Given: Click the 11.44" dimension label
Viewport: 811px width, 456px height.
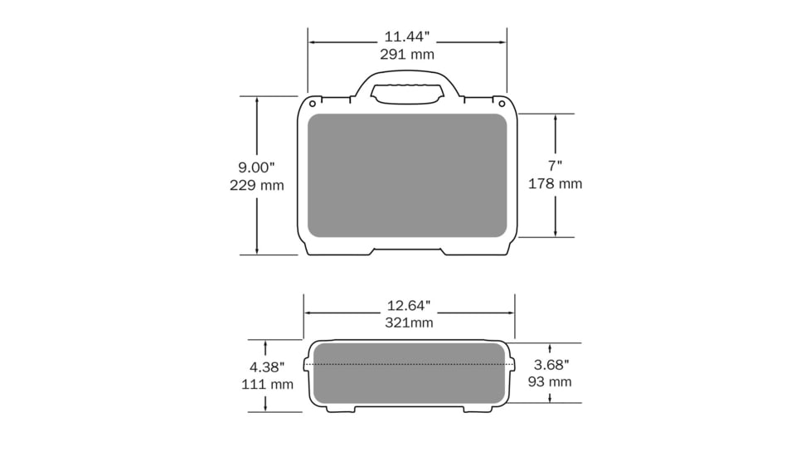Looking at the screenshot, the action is (406, 36).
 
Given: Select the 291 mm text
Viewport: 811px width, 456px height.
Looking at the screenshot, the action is (407, 54).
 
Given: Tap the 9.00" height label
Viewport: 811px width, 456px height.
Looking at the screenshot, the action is (256, 167).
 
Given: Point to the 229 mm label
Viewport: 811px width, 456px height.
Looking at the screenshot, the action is (256, 185).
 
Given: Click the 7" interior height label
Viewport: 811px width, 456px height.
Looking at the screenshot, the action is (555, 166).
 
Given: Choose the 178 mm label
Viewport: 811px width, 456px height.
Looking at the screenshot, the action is (555, 183).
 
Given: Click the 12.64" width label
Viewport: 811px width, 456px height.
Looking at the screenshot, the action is (409, 306).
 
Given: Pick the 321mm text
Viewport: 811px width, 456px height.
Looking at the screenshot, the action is (409, 323).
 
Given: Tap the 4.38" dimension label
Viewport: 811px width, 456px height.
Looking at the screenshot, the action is (267, 367).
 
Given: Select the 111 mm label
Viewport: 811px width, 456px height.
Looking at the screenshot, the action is (267, 384).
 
